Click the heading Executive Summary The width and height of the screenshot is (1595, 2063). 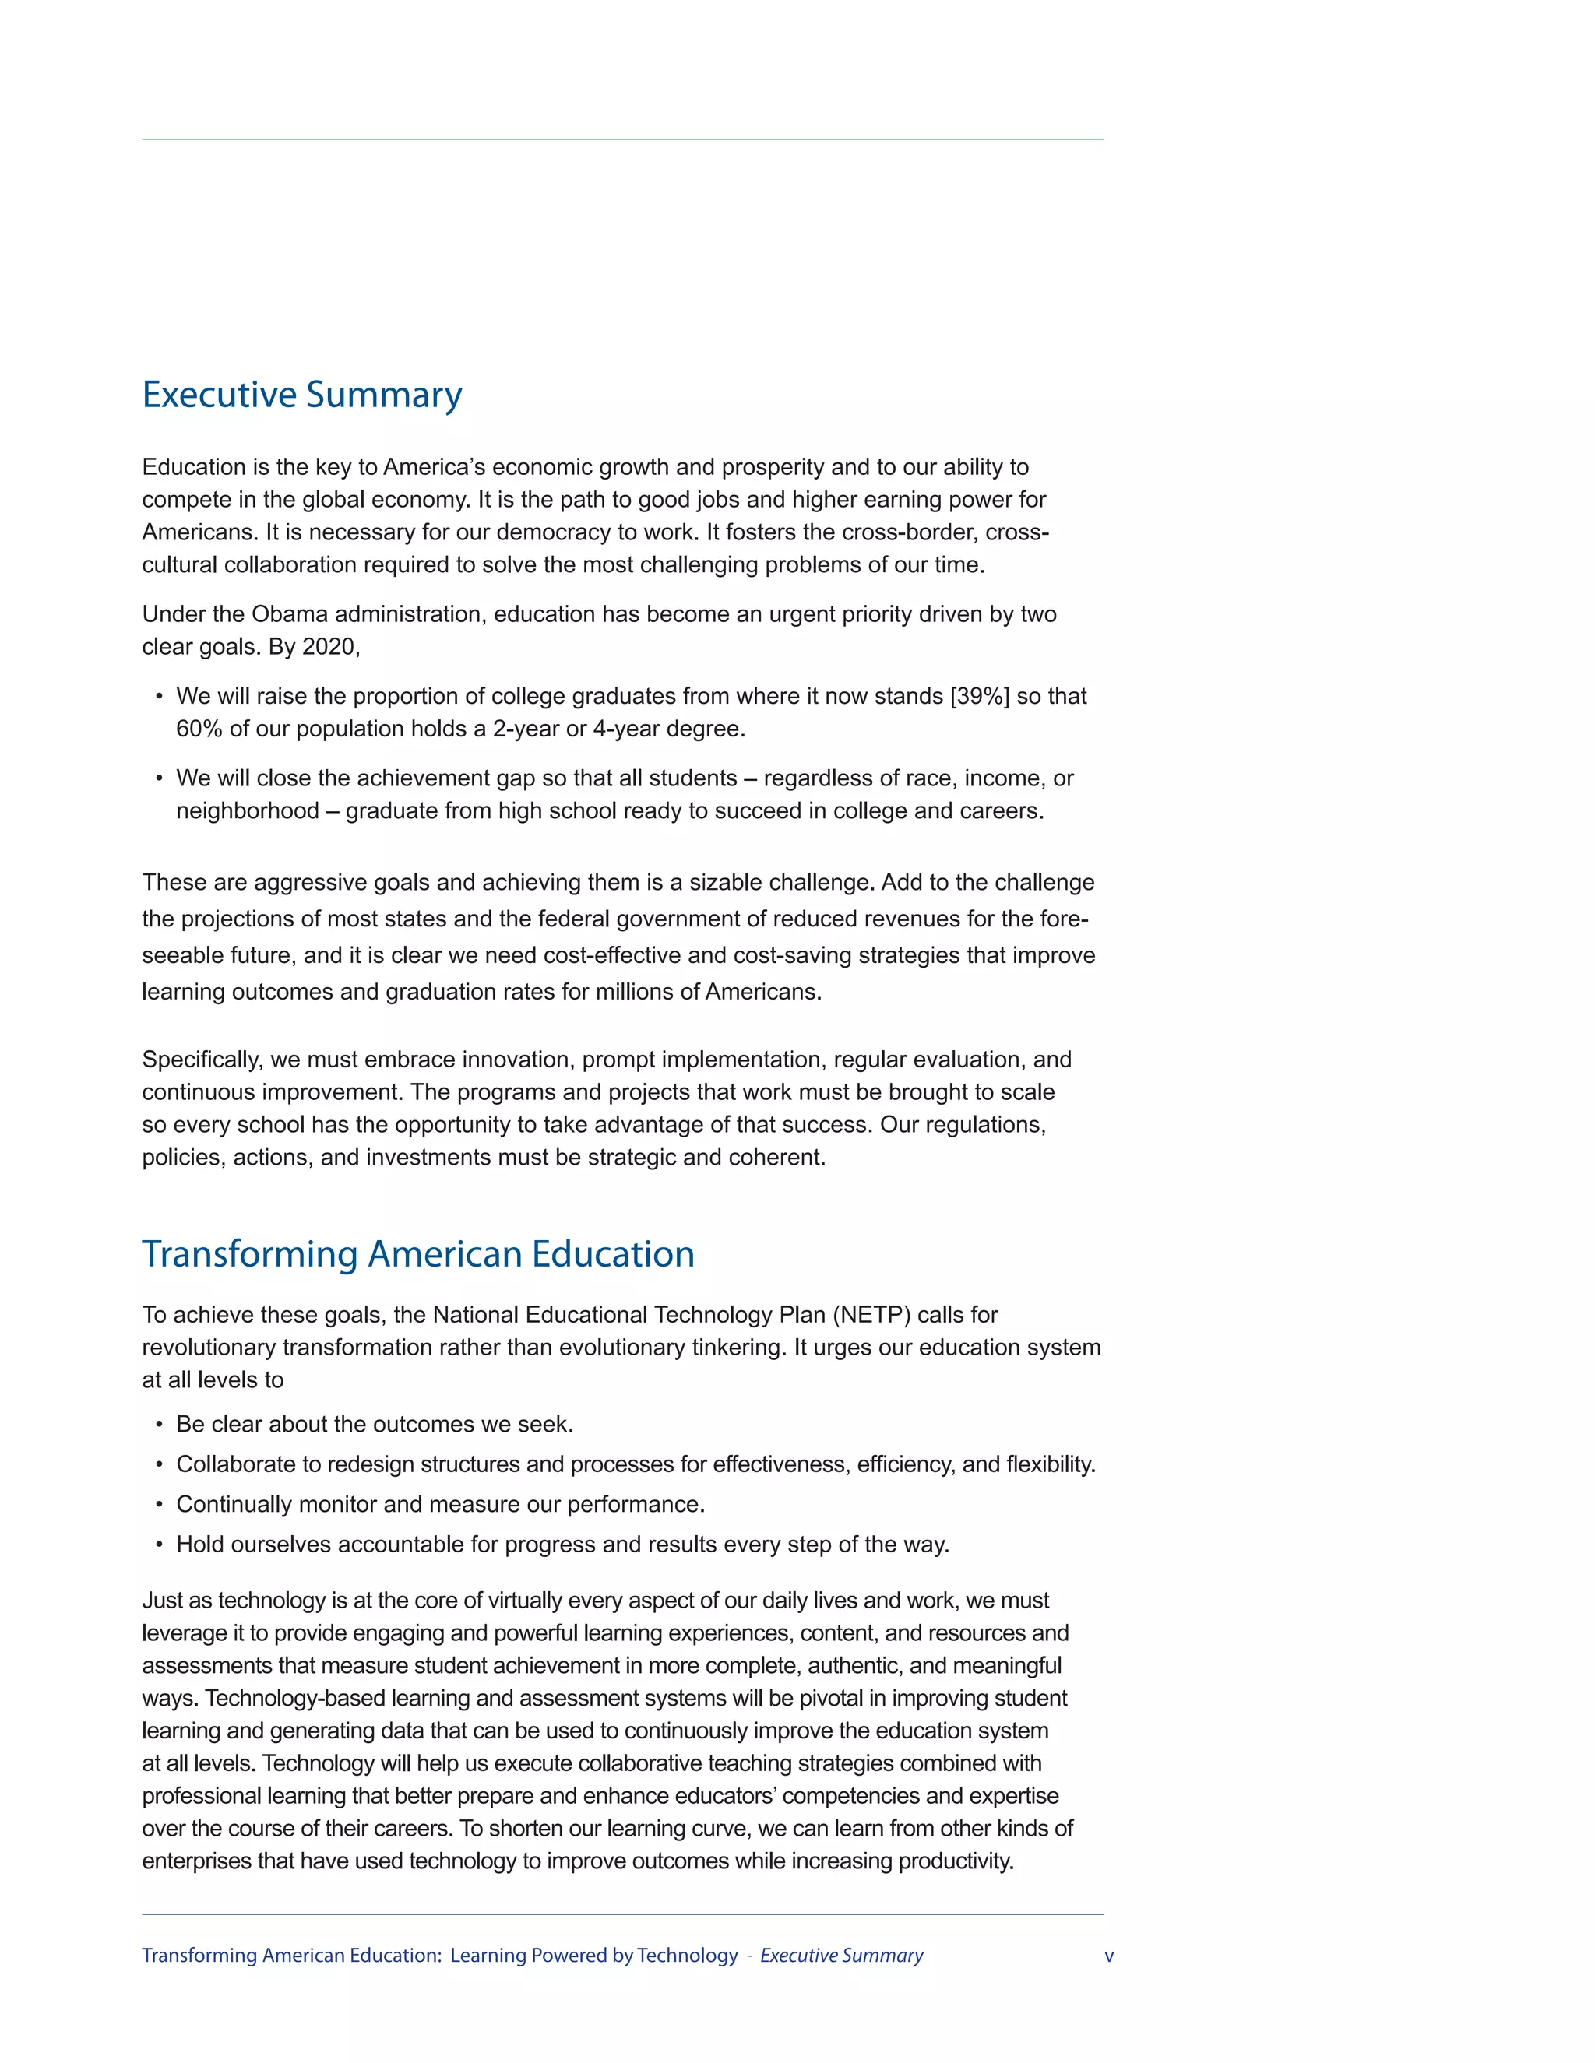click(301, 395)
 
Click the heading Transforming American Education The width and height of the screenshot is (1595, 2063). click(417, 1254)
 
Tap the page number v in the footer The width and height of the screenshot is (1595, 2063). click(1108, 1956)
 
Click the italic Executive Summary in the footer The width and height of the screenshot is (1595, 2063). click(841, 1956)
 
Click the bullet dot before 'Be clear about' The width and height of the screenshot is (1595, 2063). click(159, 1425)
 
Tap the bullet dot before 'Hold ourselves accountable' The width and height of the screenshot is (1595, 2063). click(159, 1545)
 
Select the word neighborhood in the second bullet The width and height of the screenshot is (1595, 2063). click(247, 811)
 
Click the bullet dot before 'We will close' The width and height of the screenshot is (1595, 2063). click(159, 779)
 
